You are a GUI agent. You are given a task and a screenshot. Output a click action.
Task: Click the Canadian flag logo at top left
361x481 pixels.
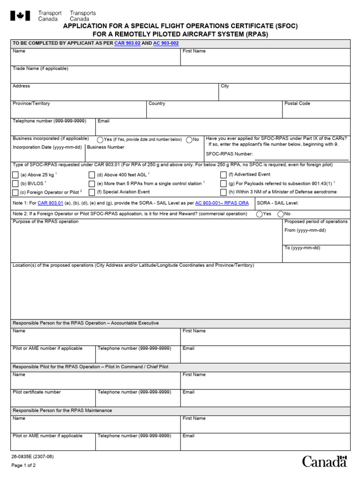20,16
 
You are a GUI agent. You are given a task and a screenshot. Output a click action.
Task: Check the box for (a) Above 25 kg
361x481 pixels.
16,175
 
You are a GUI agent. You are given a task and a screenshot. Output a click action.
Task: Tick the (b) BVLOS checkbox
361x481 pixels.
16,183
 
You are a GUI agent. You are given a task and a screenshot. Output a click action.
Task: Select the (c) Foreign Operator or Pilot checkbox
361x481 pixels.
16,192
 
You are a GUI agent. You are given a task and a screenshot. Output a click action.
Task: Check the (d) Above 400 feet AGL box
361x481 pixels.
92,175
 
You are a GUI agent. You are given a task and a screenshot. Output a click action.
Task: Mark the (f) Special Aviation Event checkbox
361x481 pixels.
92,192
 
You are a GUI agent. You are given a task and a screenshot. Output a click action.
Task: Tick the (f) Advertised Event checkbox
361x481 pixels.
223,175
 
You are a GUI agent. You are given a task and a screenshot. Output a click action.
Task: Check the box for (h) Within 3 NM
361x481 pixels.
223,192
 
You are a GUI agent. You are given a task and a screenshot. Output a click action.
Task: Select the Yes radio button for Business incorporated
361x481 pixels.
101,140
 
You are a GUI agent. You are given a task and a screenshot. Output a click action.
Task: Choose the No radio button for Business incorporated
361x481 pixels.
189,140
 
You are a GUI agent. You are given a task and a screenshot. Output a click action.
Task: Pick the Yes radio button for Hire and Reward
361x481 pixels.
259,214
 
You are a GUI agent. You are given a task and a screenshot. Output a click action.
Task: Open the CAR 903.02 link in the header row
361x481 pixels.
127,43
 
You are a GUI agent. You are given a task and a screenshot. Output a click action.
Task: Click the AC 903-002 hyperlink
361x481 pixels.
166,43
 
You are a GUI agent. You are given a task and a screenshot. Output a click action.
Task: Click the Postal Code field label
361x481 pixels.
297,103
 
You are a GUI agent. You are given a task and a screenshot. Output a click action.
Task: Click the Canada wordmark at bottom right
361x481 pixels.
324,461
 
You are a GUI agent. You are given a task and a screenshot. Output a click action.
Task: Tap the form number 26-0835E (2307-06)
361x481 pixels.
30,456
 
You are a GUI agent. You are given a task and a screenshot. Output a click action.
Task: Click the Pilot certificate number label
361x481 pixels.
37,392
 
